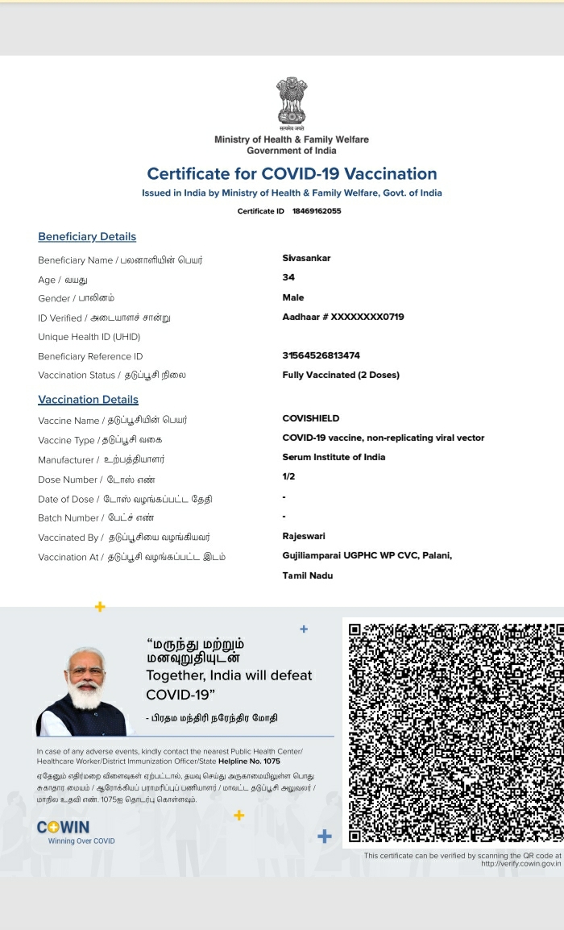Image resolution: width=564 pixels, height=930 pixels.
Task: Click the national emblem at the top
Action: tap(292, 102)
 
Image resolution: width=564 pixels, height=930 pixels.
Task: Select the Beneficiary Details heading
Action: tap(87, 236)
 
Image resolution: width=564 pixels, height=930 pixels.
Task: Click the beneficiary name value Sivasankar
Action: tap(306, 258)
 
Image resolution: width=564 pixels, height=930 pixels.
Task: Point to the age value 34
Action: tap(288, 277)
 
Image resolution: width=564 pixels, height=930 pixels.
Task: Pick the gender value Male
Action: tap(293, 297)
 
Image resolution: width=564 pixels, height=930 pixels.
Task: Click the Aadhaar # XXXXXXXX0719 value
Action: tap(343, 317)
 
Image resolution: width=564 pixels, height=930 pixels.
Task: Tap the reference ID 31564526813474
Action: tap(321, 355)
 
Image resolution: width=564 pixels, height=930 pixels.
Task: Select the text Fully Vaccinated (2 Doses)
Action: tap(341, 375)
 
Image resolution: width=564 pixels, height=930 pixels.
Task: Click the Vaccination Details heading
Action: tap(88, 400)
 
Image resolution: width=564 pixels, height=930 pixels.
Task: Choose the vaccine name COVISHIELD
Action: tap(311, 418)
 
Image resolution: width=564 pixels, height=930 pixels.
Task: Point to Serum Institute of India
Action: tap(334, 457)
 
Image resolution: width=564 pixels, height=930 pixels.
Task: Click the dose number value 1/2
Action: tap(288, 477)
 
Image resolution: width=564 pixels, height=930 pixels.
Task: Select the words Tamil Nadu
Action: tap(307, 575)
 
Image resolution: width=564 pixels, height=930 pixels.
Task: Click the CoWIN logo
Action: tap(64, 828)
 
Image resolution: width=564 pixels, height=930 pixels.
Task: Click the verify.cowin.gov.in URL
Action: tap(520, 864)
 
